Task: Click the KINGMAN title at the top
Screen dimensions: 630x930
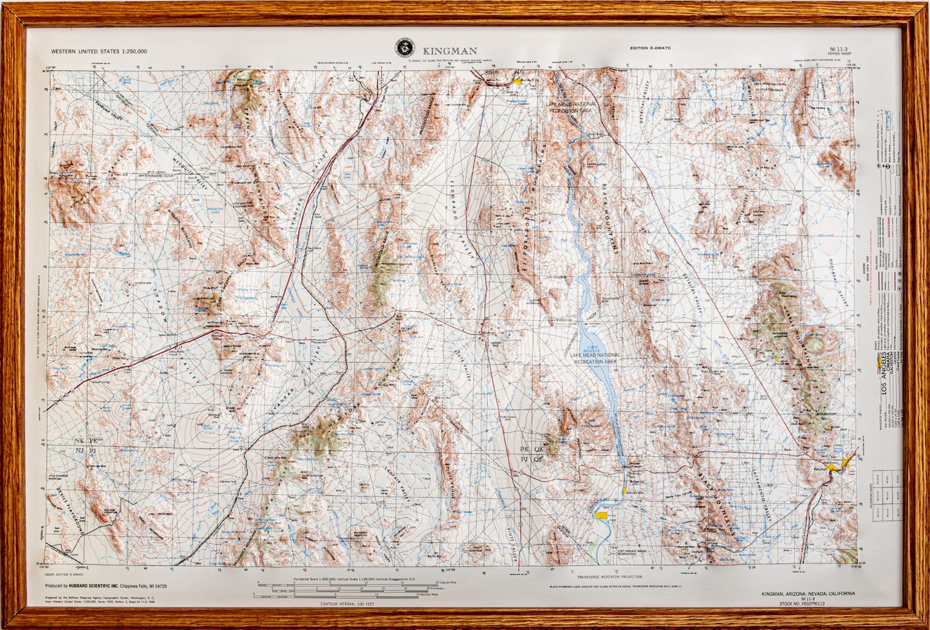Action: (450, 50)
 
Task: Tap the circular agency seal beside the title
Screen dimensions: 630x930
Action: (405, 47)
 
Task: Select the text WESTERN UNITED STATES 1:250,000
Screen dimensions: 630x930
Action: (99, 51)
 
